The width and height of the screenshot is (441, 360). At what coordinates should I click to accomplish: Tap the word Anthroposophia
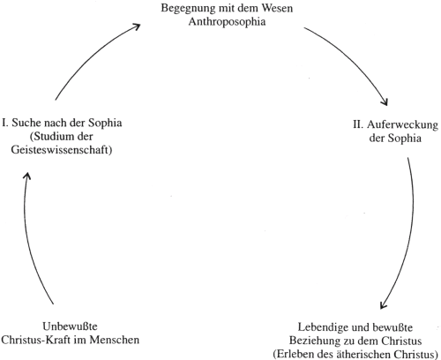227,22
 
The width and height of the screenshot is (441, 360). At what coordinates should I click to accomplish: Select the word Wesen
277,8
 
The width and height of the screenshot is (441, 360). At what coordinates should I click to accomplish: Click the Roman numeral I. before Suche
5,123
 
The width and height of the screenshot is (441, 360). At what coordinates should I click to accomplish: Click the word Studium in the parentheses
49,137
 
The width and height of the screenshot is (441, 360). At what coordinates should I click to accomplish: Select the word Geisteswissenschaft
62,150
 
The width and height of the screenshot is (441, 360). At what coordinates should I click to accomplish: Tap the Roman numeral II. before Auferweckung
358,124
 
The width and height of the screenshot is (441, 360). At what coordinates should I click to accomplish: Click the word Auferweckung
402,125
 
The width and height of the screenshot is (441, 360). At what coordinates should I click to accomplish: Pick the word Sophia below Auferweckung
404,139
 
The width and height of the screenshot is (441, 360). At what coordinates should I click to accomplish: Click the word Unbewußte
70,326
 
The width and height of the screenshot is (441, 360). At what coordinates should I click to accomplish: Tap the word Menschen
115,340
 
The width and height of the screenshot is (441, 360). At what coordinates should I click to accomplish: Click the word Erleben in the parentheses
295,354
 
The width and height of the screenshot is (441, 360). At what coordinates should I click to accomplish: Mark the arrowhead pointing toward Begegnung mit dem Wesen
136,26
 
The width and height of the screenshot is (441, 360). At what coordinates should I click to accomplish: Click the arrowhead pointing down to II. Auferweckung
385,101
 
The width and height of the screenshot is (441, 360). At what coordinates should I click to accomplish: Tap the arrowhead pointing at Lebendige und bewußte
383,305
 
